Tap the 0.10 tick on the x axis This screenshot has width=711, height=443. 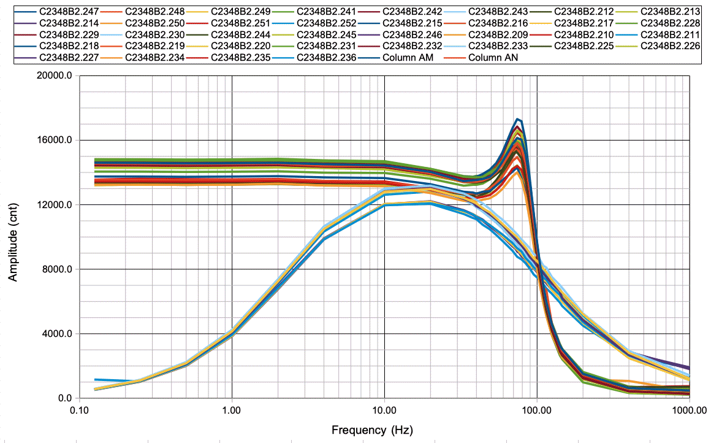pyautogui.click(x=78, y=409)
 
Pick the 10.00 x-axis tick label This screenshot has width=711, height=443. pyautogui.click(x=384, y=409)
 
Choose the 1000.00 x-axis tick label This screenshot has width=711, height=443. pyautogui.click(x=689, y=409)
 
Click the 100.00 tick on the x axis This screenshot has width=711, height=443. pyautogui.click(x=537, y=409)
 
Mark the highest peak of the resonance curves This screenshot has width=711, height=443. pyautogui.click(x=518, y=119)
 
